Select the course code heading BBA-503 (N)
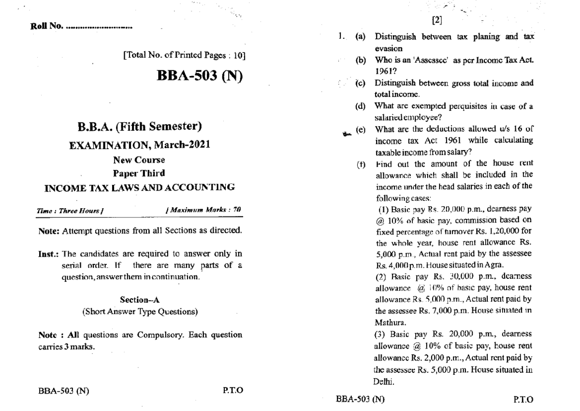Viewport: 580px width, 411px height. (x=199, y=77)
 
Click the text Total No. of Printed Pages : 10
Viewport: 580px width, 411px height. (x=184, y=56)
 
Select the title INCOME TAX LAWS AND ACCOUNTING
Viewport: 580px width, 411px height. (x=140, y=187)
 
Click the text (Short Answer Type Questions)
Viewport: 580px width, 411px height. (x=140, y=312)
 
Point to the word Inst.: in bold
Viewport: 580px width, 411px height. (x=49, y=254)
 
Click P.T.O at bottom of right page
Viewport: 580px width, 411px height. (x=524, y=400)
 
